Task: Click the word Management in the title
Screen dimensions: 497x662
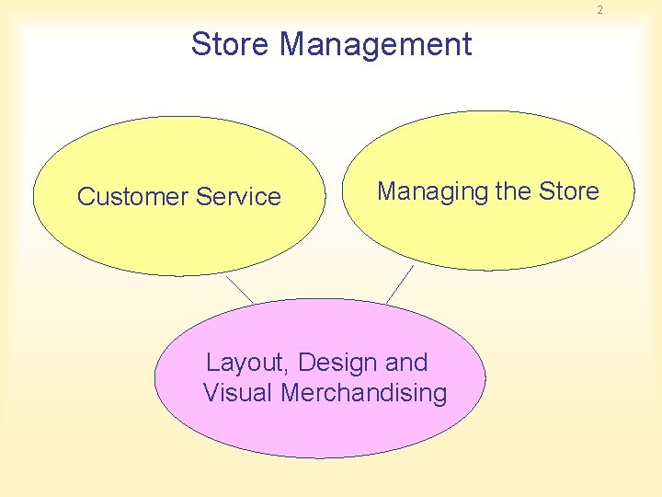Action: (x=376, y=45)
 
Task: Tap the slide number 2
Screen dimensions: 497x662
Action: (x=599, y=10)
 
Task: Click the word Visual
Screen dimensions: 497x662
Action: (x=237, y=393)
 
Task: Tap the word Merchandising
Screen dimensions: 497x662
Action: (x=364, y=393)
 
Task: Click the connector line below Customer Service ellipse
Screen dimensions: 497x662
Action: (x=240, y=289)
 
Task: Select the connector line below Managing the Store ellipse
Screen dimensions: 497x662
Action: (x=400, y=284)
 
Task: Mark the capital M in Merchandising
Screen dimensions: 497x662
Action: (x=290, y=393)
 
